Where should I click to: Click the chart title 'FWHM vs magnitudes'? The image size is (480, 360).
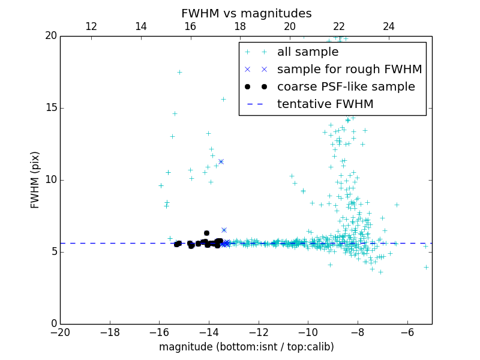(x=246, y=13)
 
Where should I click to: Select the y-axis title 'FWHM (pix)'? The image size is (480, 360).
(x=35, y=179)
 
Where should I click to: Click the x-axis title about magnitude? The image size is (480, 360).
(x=246, y=347)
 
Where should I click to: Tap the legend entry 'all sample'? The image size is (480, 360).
(x=308, y=52)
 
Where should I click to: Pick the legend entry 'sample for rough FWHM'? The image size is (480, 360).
(x=349, y=70)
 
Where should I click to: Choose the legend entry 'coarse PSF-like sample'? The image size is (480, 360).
(x=346, y=87)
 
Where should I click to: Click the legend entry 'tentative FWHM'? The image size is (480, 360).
(x=325, y=104)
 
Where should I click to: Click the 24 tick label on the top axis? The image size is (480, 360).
(x=389, y=26)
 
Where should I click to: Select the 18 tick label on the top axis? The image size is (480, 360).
(x=240, y=26)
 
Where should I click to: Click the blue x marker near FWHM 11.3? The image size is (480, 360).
(x=221, y=161)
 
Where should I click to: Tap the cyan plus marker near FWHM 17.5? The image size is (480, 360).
(x=179, y=72)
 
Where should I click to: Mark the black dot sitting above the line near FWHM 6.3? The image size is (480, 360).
(x=206, y=233)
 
